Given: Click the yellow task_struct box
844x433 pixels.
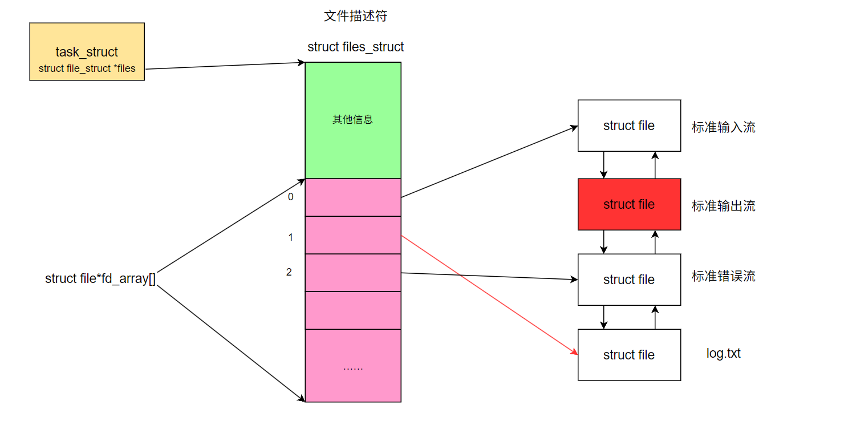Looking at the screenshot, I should coord(87,52).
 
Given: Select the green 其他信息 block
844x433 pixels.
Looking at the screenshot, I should coord(353,120).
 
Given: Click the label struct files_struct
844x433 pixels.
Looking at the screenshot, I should coord(355,47).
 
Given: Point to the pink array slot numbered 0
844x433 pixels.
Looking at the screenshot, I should coord(353,197).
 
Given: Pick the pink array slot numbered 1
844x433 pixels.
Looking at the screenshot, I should coord(353,235).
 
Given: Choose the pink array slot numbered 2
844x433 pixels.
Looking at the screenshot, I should coord(353,273).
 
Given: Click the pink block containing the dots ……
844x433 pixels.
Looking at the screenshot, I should coord(353,366).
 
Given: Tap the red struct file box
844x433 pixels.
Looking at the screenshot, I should coord(629,204).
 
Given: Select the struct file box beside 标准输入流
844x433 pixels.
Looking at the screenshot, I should coord(629,126).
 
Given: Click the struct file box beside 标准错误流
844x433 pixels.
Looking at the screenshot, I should coord(629,280).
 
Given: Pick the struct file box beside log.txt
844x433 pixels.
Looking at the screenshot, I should coord(629,355).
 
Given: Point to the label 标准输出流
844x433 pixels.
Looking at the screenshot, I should coord(723,206).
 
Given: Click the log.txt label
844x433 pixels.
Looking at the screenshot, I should coord(723,353).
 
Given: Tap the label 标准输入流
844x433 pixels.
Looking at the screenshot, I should coord(723,127).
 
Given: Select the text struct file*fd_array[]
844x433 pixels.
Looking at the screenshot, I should coord(100,279).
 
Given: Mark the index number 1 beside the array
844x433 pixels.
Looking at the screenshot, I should coord(290,237).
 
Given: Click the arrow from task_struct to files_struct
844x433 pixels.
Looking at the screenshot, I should coord(225,66).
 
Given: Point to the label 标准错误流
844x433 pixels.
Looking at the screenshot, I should coord(723,277).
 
